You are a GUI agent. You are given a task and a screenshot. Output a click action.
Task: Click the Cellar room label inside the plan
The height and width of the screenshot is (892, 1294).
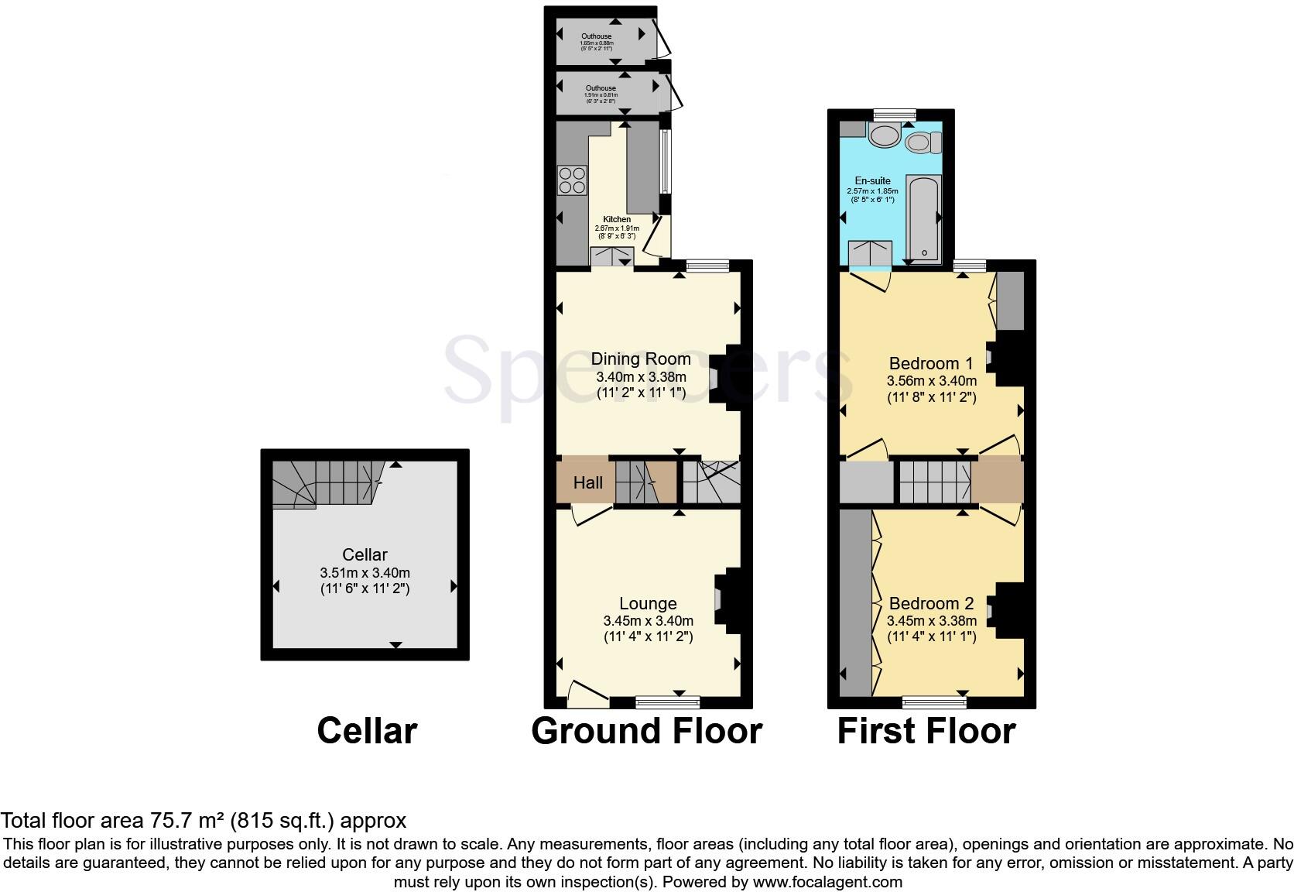tap(365, 554)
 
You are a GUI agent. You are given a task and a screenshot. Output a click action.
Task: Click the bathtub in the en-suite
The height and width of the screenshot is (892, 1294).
tap(923, 218)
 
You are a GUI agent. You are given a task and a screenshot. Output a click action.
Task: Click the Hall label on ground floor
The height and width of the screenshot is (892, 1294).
tap(587, 483)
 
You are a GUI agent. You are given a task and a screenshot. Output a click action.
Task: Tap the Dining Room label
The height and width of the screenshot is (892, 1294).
tap(641, 359)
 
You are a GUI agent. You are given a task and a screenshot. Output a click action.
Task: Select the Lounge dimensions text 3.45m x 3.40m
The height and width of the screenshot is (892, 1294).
tap(648, 620)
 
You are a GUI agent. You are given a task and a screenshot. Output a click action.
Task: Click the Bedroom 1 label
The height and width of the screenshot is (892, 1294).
tap(931, 363)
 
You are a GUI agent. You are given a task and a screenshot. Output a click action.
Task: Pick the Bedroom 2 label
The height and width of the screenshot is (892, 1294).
tap(931, 603)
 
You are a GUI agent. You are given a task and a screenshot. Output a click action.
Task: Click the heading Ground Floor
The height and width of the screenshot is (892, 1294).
tap(646, 731)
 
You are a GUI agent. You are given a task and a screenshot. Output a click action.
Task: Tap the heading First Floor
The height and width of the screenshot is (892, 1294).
tap(926, 731)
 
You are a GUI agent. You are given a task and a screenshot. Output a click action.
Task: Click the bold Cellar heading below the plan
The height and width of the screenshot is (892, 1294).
tap(367, 731)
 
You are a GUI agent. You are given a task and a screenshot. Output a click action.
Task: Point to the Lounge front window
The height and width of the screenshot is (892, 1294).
tap(667, 702)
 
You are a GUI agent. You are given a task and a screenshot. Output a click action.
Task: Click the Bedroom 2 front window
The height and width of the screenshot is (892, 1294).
tap(934, 702)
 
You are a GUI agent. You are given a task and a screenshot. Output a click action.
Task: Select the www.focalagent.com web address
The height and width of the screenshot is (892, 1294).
tap(827, 881)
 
